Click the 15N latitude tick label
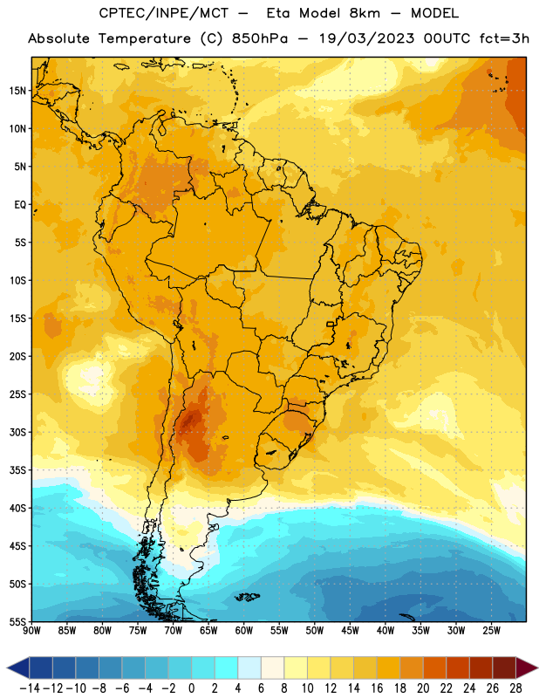pyautogui.click(x=17, y=91)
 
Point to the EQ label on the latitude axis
pyautogui.click(x=20, y=205)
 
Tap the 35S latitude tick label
pyautogui.click(x=17, y=470)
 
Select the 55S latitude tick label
pyautogui.click(x=17, y=621)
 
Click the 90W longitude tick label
pyautogui.click(x=31, y=631)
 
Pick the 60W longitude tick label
pyautogui.click(x=244, y=631)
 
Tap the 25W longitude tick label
pyautogui.click(x=491, y=631)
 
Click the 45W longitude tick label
pyautogui.click(x=350, y=631)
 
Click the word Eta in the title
pyautogui.click(x=277, y=13)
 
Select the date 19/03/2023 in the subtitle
pyautogui.click(x=366, y=38)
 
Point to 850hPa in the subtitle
pyautogui.click(x=260, y=38)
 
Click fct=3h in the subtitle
pyautogui.click(x=504, y=38)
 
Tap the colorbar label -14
pyautogui.click(x=30, y=688)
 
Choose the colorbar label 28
pyautogui.click(x=515, y=688)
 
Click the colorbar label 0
pyautogui.click(x=191, y=688)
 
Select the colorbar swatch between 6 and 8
pyautogui.click(x=272, y=667)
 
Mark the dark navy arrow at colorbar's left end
pyautogui.click(x=18, y=667)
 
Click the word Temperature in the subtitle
pyautogui.click(x=144, y=38)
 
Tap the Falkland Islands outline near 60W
pyautogui.click(x=247, y=597)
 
